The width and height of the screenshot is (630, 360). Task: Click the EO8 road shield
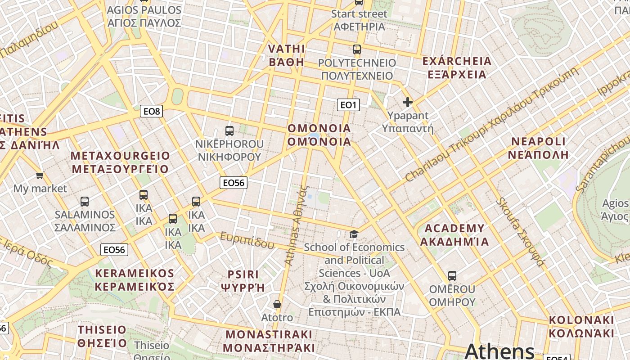pos(151,111)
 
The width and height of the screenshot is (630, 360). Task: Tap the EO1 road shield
pos(348,105)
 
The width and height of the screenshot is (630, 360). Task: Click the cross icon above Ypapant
pos(408,102)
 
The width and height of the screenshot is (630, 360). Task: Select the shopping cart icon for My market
pos(40,175)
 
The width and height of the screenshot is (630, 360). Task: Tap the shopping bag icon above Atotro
pos(277,304)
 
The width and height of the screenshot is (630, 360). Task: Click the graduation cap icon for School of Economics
pos(354,234)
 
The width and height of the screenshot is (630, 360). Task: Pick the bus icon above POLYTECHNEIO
pos(357,49)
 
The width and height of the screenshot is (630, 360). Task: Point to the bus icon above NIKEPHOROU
pos(229,131)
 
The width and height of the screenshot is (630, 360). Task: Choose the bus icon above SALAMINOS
pos(85,201)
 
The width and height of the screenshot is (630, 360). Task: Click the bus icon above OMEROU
pos(452,275)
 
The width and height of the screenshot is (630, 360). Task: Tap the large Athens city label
pos(499,351)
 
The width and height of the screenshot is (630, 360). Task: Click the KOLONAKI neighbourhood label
pos(581,327)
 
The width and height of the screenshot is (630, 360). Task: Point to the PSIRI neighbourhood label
pos(243,281)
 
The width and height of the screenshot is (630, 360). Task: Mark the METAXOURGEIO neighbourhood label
pos(120,162)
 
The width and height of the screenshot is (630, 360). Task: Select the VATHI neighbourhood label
pos(287,55)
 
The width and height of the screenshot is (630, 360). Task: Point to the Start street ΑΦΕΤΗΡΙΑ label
pos(359,20)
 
